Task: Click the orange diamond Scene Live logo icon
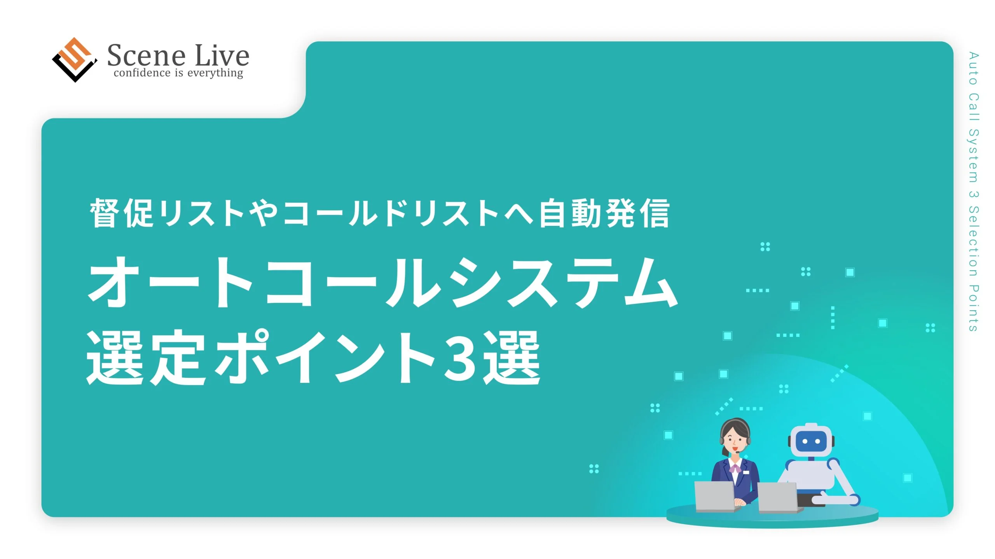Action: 75,60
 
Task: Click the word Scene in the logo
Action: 146,56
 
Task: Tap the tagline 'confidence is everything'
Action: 178,73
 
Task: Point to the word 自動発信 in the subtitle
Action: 604,213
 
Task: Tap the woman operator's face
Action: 734,442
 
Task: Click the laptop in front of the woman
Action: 714,497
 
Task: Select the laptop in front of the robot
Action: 778,498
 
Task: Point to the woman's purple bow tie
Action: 734,469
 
